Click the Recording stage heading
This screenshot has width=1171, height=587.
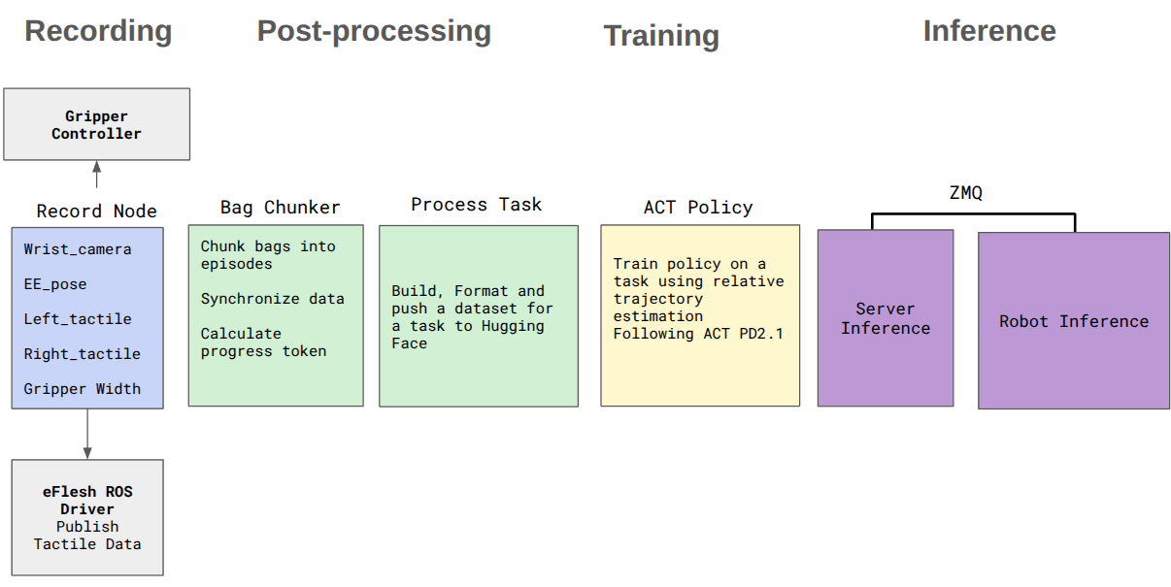[98, 31]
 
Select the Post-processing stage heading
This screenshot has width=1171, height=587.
[374, 31]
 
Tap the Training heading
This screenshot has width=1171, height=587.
[661, 36]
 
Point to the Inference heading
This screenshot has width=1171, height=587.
[988, 31]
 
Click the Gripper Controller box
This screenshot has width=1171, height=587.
[96, 124]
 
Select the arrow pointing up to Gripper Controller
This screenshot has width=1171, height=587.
[96, 175]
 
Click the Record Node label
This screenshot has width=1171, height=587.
[96, 211]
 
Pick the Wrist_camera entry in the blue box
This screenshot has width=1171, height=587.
[77, 249]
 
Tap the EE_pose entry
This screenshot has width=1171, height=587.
[55, 284]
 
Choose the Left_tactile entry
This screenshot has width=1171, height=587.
[77, 319]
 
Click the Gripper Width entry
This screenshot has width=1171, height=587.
[82, 389]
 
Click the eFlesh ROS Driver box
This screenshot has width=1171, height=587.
[87, 517]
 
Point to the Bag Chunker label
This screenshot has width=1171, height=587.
[280, 208]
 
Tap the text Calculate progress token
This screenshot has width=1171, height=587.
[263, 342]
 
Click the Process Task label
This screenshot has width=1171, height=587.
[476, 205]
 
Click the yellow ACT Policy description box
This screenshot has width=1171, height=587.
[699, 315]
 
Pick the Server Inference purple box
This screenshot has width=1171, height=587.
[885, 318]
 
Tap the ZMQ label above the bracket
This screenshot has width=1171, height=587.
[965, 193]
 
